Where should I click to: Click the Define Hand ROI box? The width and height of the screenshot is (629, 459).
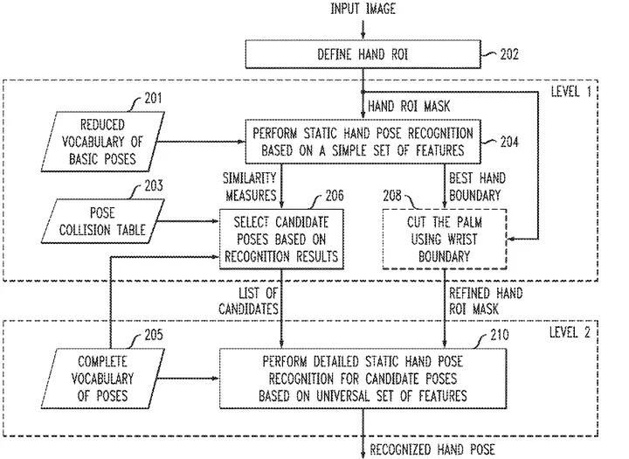tap(363, 54)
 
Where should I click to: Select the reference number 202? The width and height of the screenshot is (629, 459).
tap(509, 54)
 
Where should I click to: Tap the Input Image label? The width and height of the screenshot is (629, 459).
tap(363, 9)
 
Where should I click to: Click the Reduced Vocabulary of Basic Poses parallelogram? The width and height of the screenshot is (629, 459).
tap(103, 142)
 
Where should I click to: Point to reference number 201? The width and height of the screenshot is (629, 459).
tap(153, 98)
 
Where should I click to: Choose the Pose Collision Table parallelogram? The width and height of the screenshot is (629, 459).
tap(103, 221)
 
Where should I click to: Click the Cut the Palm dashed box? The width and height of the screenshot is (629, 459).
tap(445, 239)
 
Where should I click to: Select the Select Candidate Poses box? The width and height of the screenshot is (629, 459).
tap(281, 239)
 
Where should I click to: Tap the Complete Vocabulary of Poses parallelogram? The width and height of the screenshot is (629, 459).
tap(103, 379)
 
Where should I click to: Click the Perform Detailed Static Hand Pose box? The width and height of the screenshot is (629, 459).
tap(363, 379)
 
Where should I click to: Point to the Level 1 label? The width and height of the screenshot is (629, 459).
tap(570, 92)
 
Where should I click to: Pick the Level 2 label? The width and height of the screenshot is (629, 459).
tap(570, 332)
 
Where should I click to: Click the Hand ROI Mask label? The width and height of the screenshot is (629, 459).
tap(409, 106)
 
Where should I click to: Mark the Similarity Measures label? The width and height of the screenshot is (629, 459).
tap(250, 186)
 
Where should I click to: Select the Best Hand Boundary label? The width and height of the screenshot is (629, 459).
tap(477, 186)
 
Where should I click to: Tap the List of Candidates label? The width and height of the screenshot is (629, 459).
tap(249, 301)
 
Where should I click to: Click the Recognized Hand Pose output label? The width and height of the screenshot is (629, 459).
tap(432, 449)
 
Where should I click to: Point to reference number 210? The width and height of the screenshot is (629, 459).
tap(500, 335)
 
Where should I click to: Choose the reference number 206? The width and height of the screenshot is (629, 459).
tap(335, 195)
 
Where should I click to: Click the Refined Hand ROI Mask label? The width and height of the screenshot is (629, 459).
tap(486, 301)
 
